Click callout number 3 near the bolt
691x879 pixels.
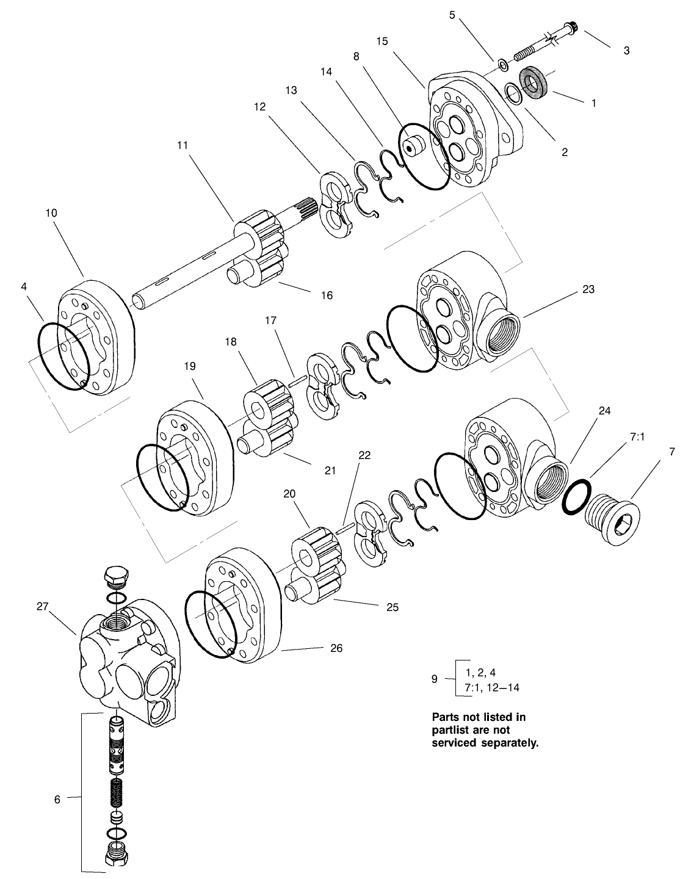(x=626, y=51)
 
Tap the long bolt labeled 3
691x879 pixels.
(x=543, y=43)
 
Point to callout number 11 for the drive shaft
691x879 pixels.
(x=183, y=145)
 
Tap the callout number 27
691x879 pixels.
(x=42, y=606)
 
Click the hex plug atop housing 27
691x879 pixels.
(x=114, y=576)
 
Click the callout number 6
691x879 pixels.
(x=57, y=799)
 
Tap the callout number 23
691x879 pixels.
(x=588, y=289)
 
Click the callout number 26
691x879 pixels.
(x=336, y=648)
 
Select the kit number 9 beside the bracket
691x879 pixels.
(x=434, y=678)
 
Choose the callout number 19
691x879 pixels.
(x=189, y=366)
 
